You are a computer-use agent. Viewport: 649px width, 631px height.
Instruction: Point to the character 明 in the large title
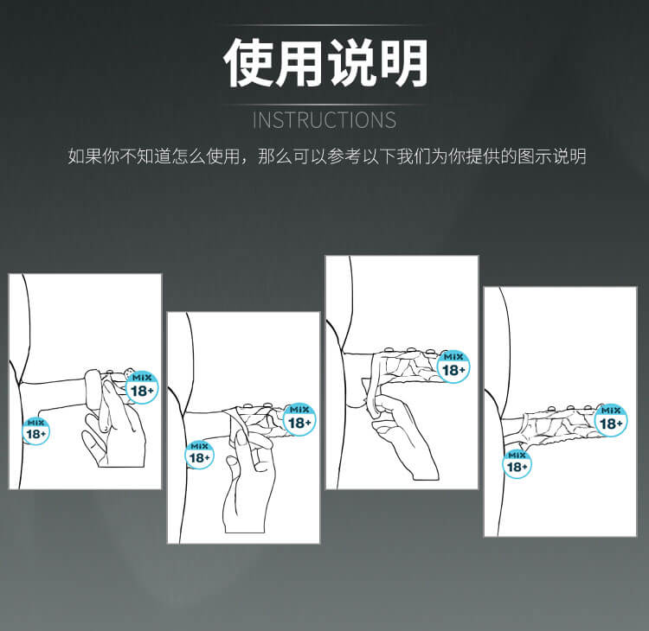pos(403,63)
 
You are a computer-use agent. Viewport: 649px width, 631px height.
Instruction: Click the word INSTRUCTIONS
pos(324,120)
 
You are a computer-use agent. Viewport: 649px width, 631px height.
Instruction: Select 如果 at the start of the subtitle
pos(85,156)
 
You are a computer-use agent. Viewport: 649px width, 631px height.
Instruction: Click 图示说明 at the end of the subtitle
pos(552,156)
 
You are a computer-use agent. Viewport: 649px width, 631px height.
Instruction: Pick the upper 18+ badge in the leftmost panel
pos(142,387)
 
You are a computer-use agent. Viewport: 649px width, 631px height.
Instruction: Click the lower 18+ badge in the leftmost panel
pos(36,430)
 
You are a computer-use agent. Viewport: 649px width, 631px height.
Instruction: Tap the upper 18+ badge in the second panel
pos(299,419)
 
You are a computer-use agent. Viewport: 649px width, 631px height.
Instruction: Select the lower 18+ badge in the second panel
pos(199,455)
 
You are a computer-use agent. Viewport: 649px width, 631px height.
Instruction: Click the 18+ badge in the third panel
pos(453,366)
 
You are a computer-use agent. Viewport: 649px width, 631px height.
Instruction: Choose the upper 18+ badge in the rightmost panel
pos(611,420)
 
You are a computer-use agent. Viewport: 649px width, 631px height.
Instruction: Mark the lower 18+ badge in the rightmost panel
pos(517,464)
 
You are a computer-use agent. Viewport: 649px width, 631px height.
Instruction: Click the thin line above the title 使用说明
pos(324,26)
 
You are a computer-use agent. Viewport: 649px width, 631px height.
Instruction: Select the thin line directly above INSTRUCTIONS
pos(324,105)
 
